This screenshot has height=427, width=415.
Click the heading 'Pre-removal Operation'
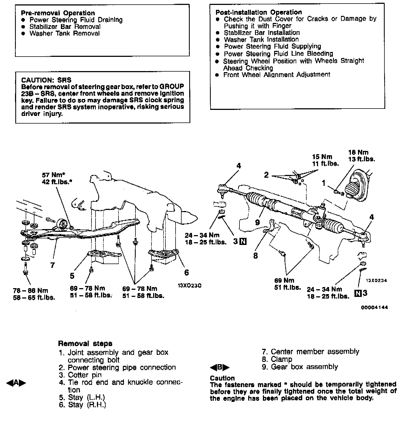58,13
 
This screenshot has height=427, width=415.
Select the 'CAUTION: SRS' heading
46,80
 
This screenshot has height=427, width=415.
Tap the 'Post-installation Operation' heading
259,12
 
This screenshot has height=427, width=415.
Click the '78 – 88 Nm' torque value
30,291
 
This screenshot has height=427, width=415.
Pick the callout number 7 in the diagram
52,265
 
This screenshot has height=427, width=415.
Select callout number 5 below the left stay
72,276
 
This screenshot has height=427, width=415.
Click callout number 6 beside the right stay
186,272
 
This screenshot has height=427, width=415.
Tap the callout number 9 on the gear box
257,222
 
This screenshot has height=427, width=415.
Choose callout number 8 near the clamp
256,256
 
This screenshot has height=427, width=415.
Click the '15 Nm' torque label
322,157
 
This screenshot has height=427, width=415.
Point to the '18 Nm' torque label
358,152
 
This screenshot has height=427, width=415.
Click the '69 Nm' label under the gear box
284,280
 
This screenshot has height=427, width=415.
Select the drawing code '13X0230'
189,286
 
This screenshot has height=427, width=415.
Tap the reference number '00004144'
374,307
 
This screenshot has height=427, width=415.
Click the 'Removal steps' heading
85,344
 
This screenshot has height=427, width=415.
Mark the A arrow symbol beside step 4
16,383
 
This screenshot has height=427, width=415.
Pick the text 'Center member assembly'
315,352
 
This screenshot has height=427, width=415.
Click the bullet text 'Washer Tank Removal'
64,33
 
